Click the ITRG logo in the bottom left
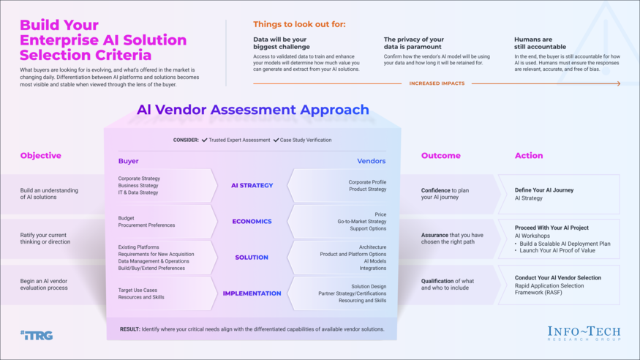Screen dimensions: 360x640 (37, 335)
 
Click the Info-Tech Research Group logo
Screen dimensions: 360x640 (584, 334)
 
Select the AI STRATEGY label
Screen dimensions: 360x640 (252, 186)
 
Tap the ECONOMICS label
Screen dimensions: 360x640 (252, 222)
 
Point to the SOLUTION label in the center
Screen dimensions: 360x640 (252, 258)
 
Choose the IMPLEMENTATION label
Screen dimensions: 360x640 (252, 293)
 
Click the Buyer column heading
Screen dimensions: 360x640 (128, 161)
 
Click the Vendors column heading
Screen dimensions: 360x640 (371, 161)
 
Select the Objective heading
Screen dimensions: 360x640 (41, 156)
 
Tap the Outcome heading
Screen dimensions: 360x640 (440, 156)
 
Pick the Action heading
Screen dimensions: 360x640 (529, 156)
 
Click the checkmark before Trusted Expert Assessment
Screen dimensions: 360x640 (204, 140)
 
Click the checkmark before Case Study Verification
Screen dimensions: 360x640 (276, 140)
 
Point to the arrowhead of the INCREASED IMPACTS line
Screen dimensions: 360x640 (618, 83)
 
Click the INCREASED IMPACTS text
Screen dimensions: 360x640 (437, 83)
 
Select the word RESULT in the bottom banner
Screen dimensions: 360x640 (129, 329)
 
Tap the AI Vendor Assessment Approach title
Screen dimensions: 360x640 (252, 110)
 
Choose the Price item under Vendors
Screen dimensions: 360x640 (380, 214)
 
